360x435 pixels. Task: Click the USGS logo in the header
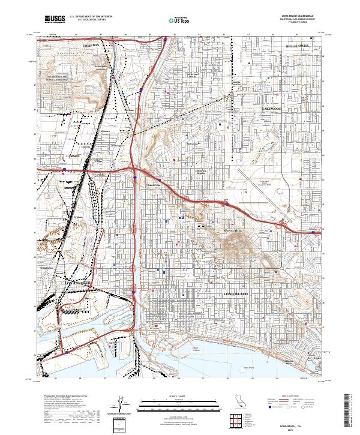coord(55,19)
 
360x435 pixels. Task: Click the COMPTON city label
coord(91,45)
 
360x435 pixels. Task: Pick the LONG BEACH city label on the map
coord(236,294)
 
